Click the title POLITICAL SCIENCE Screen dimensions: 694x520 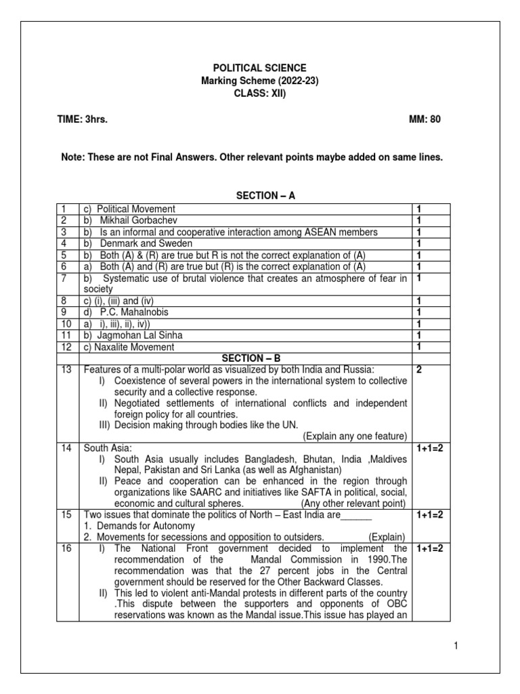tap(260, 68)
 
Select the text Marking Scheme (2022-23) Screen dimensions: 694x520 tap(260, 81)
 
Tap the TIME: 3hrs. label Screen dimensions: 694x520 tap(82, 119)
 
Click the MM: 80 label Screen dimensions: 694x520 tap(425, 119)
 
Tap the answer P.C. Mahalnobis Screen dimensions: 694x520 tap(134, 312)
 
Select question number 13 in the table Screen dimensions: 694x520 tap(66, 369)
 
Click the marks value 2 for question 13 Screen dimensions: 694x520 tap(420, 369)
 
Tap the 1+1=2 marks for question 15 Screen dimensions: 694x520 tap(430, 514)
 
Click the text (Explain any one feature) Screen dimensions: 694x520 tap(355, 436)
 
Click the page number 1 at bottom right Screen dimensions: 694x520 tap(456, 647)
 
